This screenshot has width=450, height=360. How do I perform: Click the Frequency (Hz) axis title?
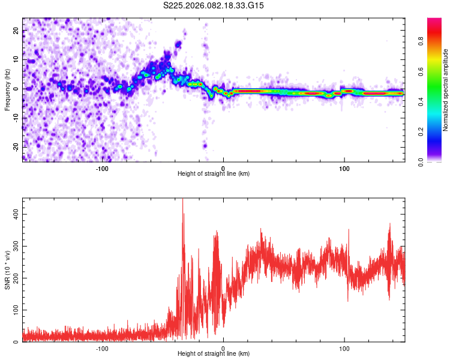[7, 89]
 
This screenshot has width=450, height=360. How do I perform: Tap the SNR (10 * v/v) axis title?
[7, 270]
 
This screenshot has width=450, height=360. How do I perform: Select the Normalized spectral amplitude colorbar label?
[446, 90]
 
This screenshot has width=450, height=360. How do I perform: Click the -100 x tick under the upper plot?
[102, 168]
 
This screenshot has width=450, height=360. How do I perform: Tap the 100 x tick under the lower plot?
[344, 348]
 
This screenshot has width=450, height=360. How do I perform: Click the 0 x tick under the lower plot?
[223, 348]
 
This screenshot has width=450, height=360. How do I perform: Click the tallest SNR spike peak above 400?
[182, 200]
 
